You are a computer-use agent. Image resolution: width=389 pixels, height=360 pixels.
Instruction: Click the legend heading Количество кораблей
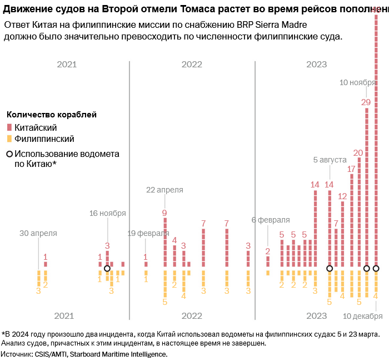click(x=52, y=115)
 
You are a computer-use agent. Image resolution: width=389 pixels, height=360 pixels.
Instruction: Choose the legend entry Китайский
click(x=36, y=127)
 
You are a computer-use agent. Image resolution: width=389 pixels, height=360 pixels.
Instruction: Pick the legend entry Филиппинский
click(x=44, y=139)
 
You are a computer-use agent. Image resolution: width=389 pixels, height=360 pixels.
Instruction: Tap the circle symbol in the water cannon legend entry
click(x=9, y=154)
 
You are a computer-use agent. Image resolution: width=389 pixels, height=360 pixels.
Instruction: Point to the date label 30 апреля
click(x=38, y=233)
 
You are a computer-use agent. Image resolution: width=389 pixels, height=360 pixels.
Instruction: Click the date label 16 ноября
click(x=108, y=213)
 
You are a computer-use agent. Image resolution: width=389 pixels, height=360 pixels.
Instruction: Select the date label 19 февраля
click(x=146, y=233)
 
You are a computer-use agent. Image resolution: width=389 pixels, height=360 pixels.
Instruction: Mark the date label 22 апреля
click(x=164, y=190)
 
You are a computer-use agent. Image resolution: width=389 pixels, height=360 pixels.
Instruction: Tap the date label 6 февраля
click(x=271, y=220)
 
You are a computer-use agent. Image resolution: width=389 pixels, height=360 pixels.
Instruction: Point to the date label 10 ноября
click(x=357, y=83)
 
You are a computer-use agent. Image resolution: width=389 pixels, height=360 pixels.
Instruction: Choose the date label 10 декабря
click(x=362, y=316)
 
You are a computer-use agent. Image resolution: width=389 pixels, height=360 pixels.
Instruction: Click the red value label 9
click(x=164, y=213)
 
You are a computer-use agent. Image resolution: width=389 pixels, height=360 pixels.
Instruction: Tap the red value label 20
click(x=358, y=152)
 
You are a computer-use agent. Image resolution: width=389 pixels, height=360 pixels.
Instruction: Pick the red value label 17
click(x=351, y=169)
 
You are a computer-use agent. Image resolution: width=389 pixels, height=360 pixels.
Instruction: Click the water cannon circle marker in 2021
click(x=107, y=269)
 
